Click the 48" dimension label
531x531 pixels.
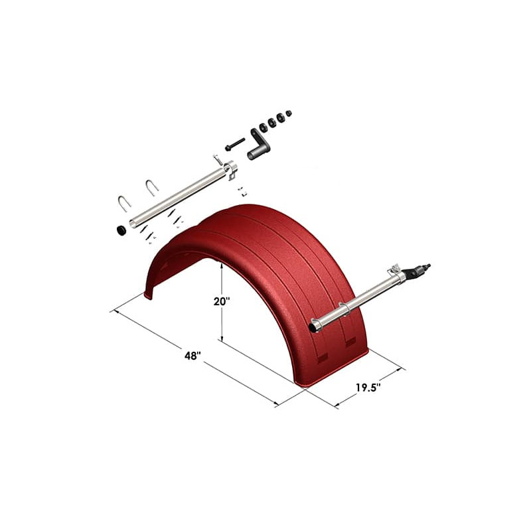tap(192, 356)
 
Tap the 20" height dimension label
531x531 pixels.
tap(221, 301)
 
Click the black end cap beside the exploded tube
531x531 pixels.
tap(121, 230)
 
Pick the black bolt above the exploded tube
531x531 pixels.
tap(234, 143)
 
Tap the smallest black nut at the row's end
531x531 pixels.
tap(289, 114)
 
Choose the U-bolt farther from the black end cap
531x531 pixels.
tap(152, 187)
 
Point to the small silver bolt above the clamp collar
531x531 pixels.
tap(217, 159)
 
